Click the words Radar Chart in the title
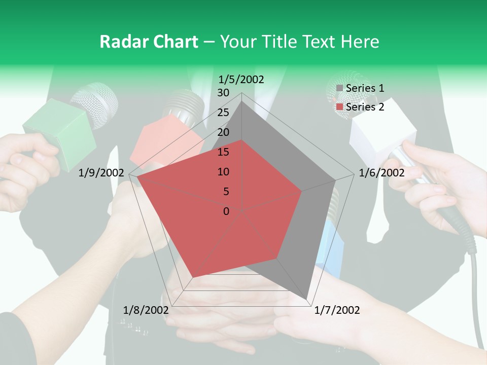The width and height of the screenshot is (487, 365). (x=149, y=42)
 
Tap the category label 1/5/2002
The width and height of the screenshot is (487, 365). (x=241, y=79)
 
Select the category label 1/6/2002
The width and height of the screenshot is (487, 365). (x=381, y=173)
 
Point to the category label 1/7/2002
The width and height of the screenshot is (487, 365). (x=337, y=310)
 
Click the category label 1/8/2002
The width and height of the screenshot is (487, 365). (x=146, y=310)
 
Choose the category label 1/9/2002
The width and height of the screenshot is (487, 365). (x=101, y=173)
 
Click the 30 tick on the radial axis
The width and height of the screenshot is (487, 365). (x=223, y=93)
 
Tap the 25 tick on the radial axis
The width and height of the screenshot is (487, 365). (x=223, y=113)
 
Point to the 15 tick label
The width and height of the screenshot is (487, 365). (x=223, y=152)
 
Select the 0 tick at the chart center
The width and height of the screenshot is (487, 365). (x=226, y=211)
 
